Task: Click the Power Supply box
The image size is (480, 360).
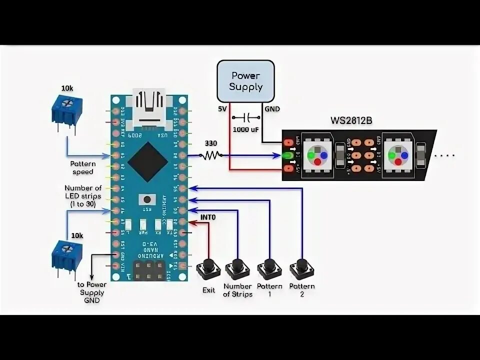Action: (245, 80)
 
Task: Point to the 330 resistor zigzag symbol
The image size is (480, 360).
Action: (211, 155)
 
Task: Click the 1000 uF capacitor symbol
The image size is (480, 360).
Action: (245, 118)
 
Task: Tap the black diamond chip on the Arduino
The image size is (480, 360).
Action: (147, 161)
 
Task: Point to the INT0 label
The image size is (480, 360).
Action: (208, 217)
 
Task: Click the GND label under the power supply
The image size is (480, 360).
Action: (272, 108)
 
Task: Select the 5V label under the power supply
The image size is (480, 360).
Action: (222, 108)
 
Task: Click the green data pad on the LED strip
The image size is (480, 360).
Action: (288, 155)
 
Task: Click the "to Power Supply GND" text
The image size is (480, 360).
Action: (92, 292)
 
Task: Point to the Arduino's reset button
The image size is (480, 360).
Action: (147, 200)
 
